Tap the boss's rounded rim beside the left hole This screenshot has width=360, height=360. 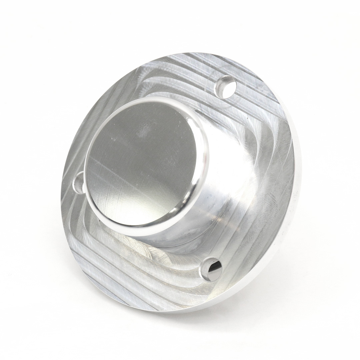click(87, 187)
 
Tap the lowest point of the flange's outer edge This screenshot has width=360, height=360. click(173, 312)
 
